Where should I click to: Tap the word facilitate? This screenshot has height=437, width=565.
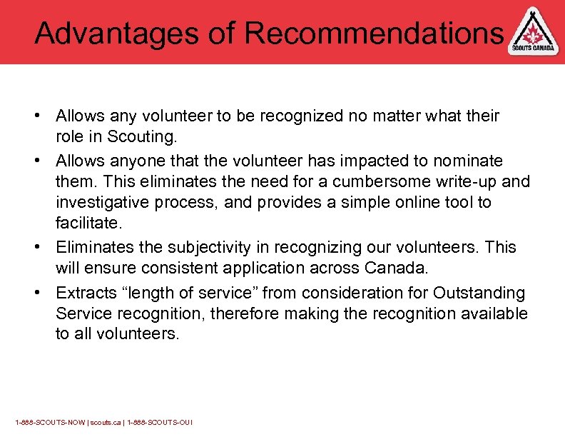click(x=89, y=223)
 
